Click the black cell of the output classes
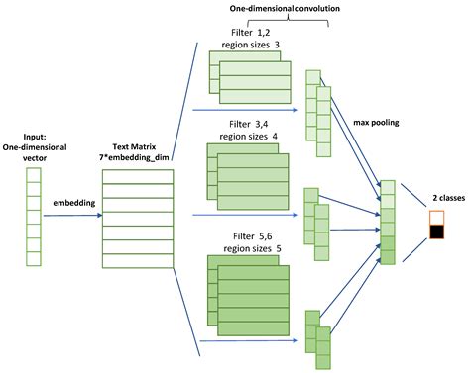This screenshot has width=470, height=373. coord(437,233)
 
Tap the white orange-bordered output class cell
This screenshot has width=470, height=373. coord(437,218)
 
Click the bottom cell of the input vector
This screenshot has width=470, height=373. coord(34,260)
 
